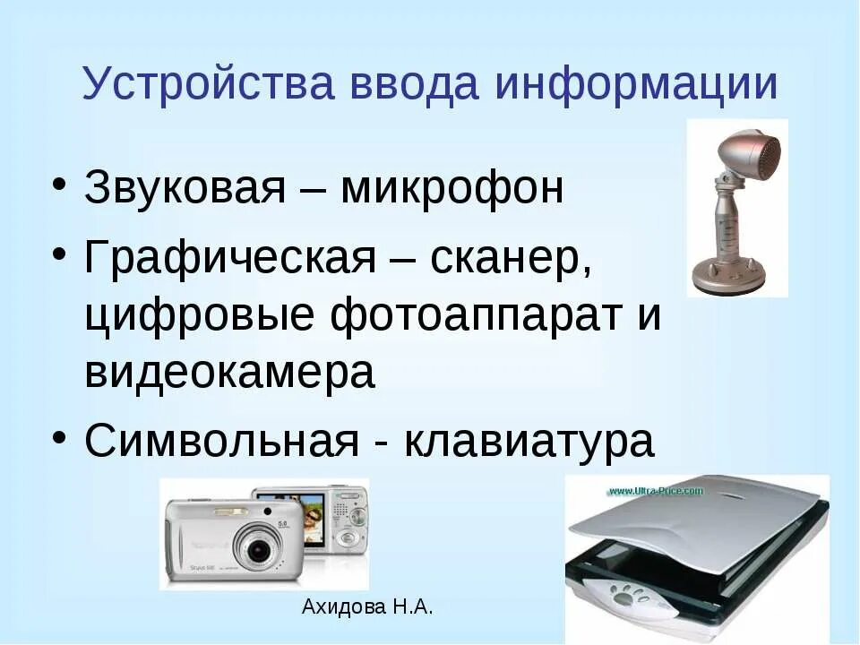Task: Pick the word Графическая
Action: tap(228, 260)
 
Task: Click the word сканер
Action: tap(511, 260)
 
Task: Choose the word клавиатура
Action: tap(530, 442)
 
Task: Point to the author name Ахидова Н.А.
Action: tap(367, 607)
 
